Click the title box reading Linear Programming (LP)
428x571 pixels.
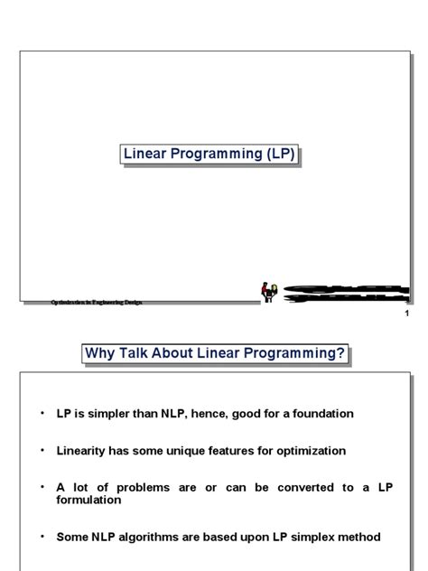[210, 155]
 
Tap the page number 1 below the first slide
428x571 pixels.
[407, 314]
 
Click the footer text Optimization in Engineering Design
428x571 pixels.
[97, 302]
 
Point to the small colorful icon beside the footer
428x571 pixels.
[268, 291]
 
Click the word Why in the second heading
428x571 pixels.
[101, 353]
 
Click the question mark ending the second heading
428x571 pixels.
[340, 353]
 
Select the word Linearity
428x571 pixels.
[83, 450]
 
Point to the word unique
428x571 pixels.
[200, 450]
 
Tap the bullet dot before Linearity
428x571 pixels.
[41, 448]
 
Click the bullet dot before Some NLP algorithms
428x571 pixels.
[41, 535]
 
